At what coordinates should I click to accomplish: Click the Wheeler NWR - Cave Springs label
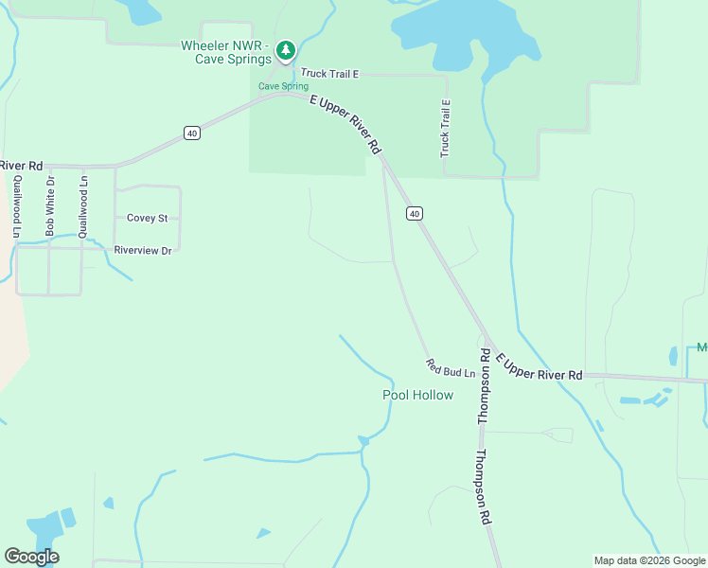225,52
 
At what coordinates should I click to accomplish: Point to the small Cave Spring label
284,86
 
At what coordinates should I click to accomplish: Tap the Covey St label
147,218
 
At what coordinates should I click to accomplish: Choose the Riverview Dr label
143,251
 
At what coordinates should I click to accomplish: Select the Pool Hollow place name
417,395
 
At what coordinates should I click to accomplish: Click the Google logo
31,557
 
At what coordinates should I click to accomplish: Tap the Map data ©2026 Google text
648,560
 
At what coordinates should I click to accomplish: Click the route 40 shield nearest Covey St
192,133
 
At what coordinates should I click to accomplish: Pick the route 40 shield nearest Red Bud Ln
415,214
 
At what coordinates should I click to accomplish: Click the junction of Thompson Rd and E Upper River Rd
487,341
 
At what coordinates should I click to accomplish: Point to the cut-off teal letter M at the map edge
702,347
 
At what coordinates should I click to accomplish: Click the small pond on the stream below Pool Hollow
363,440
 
